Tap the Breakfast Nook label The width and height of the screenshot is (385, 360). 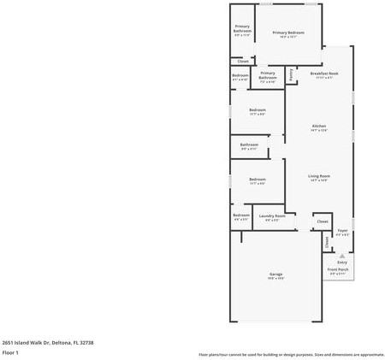(324, 74)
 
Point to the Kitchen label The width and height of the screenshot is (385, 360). (318, 126)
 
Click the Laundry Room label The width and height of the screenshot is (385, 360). (272, 215)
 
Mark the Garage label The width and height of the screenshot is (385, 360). (275, 274)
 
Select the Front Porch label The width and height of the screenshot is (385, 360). (337, 269)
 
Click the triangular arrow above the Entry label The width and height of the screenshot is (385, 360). (342, 254)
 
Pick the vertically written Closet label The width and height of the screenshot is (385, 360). (327, 242)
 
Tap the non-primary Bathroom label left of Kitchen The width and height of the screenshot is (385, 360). (249, 145)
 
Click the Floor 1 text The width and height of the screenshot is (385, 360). (10, 351)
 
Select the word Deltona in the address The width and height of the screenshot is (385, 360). (57, 341)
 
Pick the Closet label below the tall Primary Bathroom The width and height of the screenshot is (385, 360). (243, 62)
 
